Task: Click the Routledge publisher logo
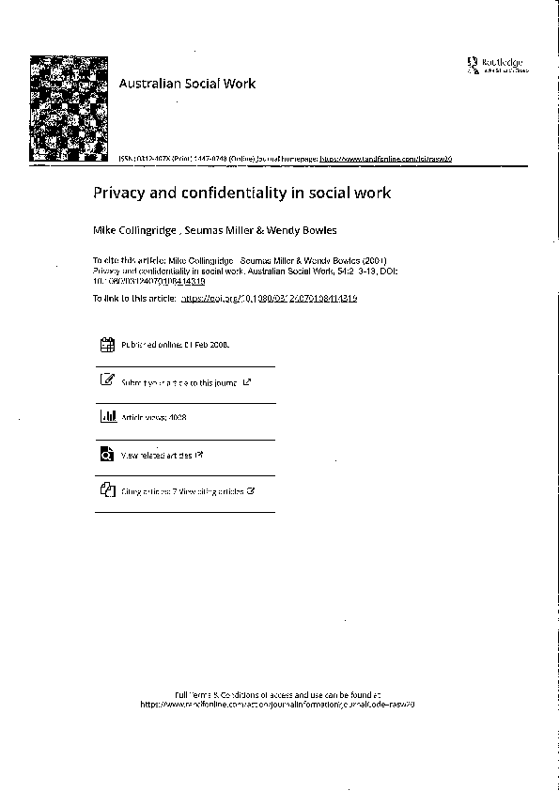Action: pyautogui.click(x=497, y=65)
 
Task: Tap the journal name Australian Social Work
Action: pyautogui.click(x=187, y=84)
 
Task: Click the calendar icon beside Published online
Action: pyautogui.click(x=107, y=345)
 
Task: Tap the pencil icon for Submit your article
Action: pyautogui.click(x=107, y=380)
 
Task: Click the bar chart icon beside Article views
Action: pyautogui.click(x=107, y=416)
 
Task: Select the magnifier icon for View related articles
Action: pyautogui.click(x=107, y=455)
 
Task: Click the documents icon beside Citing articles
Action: pyautogui.click(x=107, y=490)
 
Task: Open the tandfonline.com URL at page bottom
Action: pyautogui.click(x=277, y=704)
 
